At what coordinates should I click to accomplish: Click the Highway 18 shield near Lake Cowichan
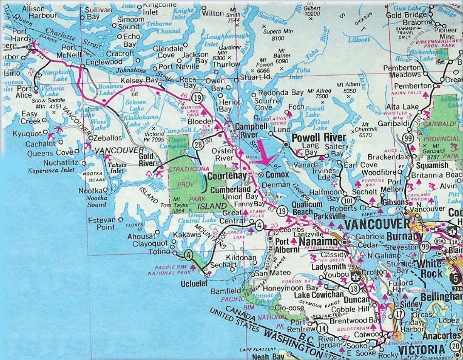click(x=354, y=288)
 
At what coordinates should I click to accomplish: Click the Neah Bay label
click(x=265, y=357)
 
